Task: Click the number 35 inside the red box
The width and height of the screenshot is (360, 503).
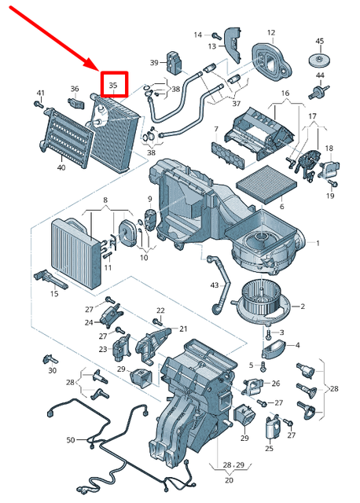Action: [112, 84]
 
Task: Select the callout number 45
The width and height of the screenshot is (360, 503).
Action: [319, 41]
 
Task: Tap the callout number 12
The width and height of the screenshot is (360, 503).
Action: [271, 33]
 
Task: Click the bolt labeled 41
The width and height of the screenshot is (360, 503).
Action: [39, 105]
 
